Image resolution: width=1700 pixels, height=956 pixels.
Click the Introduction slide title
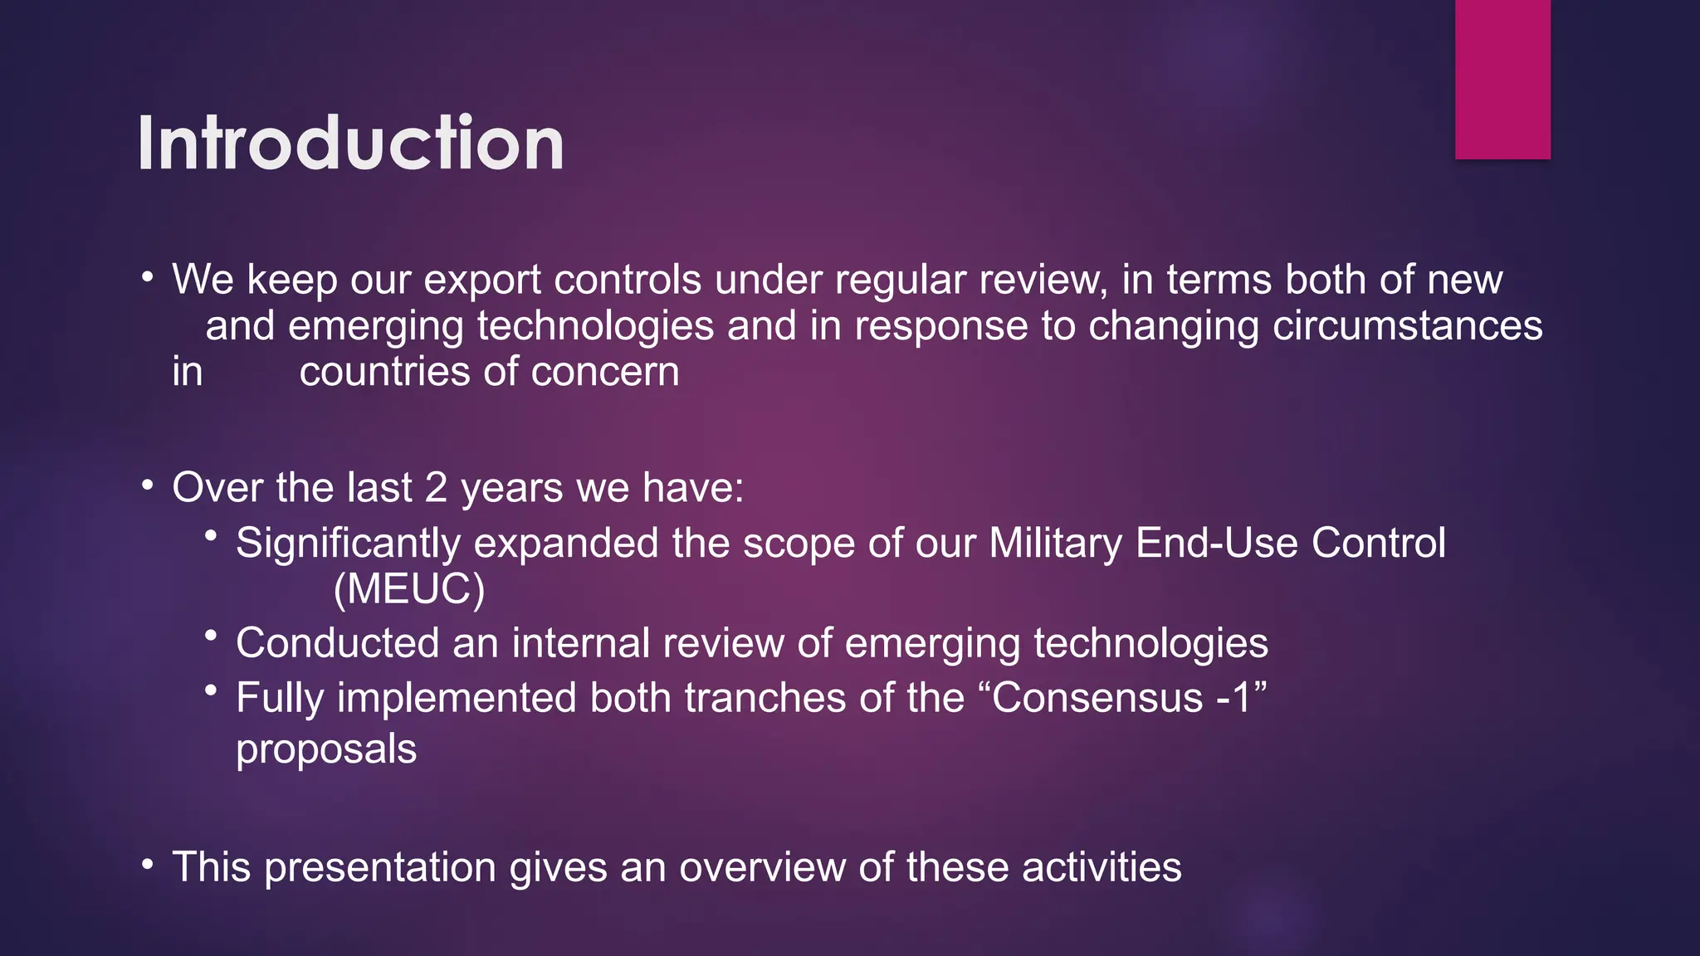[350, 144]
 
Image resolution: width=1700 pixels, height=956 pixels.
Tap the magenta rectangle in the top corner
[1502, 80]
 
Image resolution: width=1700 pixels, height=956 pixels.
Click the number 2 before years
[437, 488]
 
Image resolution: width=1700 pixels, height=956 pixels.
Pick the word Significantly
[348, 544]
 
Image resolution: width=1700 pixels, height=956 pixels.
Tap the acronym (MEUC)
[408, 589]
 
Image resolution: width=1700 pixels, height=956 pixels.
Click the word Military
[1055, 544]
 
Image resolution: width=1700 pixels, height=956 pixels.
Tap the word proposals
[326, 749]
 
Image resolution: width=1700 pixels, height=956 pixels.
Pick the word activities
[1102, 868]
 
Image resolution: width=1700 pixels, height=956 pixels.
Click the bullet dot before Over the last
[148, 485]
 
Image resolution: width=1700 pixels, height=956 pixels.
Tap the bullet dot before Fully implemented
[212, 690]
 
